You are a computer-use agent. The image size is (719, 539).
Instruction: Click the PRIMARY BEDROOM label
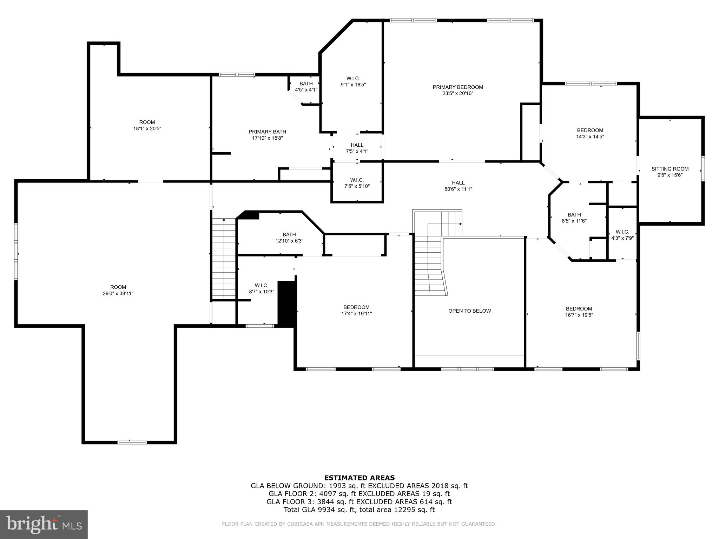(x=458, y=87)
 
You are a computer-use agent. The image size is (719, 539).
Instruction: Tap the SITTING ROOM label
(x=670, y=169)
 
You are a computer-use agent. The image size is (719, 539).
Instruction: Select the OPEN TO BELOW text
(x=469, y=311)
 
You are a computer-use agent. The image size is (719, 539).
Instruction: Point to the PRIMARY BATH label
(x=267, y=132)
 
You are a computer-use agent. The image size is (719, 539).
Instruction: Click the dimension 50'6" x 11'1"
(x=458, y=189)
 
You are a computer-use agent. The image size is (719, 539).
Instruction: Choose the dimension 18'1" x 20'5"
(x=147, y=128)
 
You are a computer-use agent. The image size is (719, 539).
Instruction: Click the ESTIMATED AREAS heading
(x=359, y=478)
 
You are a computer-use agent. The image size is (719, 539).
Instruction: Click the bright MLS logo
(x=44, y=525)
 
